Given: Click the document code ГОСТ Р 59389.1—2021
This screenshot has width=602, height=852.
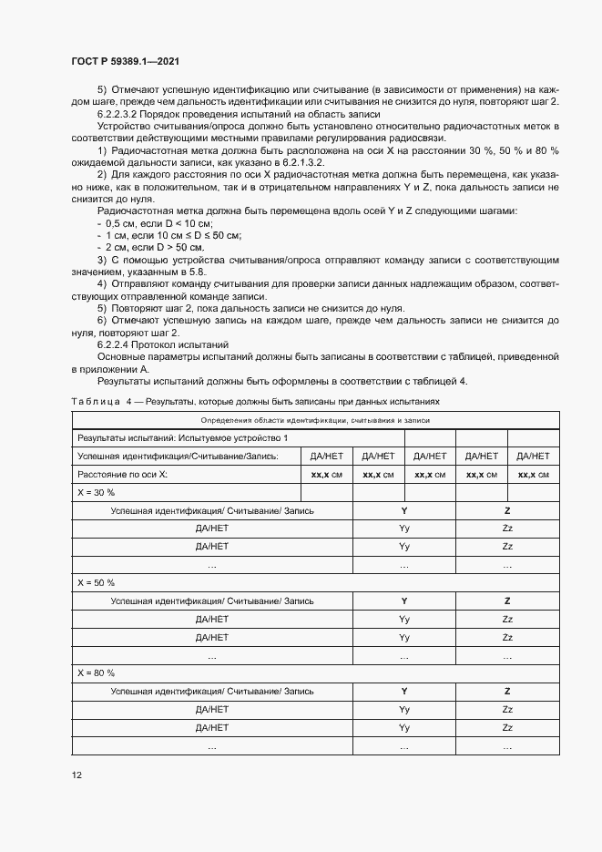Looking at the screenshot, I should click(124, 61).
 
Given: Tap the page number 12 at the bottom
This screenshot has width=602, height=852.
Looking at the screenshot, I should click(77, 775).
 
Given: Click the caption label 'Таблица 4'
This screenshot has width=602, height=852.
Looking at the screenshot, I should click(101, 401).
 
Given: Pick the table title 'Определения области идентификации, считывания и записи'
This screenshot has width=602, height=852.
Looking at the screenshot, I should click(315, 420).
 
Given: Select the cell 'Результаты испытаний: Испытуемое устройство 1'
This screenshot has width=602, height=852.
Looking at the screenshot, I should click(182, 438).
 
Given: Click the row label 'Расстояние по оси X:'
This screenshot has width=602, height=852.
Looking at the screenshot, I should click(122, 475).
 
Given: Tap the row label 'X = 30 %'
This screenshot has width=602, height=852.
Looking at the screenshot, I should click(96, 492).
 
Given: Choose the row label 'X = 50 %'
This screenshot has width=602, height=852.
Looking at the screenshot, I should click(96, 581).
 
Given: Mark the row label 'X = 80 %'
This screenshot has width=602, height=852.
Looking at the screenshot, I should click(96, 672).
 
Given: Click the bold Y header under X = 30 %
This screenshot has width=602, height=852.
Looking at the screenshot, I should click(404, 510).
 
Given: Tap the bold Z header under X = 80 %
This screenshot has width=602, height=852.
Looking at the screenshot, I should click(507, 690).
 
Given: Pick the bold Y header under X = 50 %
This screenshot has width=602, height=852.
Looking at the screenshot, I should click(404, 601).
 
